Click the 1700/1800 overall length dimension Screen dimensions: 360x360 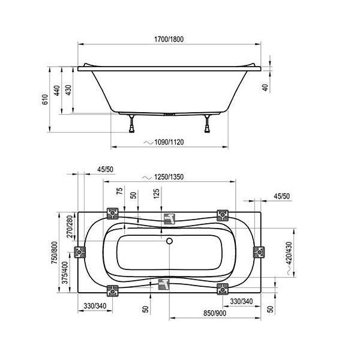click(x=169, y=39)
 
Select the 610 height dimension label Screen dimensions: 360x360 click(x=45, y=99)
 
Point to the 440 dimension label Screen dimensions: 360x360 click(x=57, y=91)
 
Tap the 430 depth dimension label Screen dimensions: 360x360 click(x=68, y=90)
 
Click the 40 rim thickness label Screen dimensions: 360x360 click(x=265, y=88)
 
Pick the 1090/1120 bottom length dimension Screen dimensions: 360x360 click(x=169, y=142)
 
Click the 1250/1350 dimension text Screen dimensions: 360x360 click(x=169, y=177)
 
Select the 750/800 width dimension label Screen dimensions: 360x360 click(x=55, y=253)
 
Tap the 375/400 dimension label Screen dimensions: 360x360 click(x=65, y=272)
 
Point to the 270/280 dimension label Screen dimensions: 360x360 click(x=70, y=226)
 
